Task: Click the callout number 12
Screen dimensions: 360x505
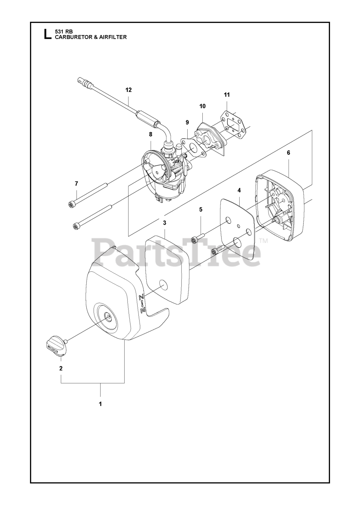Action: (129, 90)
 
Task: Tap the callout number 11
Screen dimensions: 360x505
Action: (227, 95)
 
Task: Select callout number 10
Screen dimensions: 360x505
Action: (202, 106)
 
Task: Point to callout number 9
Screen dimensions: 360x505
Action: (188, 122)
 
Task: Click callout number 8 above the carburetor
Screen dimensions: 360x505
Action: (150, 134)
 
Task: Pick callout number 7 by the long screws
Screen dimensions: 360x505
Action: (76, 183)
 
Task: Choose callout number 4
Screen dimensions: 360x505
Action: (239, 190)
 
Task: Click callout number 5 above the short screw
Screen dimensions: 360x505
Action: (201, 209)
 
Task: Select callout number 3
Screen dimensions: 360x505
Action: (164, 223)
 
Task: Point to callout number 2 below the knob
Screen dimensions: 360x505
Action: (61, 368)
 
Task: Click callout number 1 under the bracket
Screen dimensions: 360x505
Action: (100, 404)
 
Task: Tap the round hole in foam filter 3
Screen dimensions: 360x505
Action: (162, 285)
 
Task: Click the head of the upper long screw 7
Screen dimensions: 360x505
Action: (71, 204)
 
